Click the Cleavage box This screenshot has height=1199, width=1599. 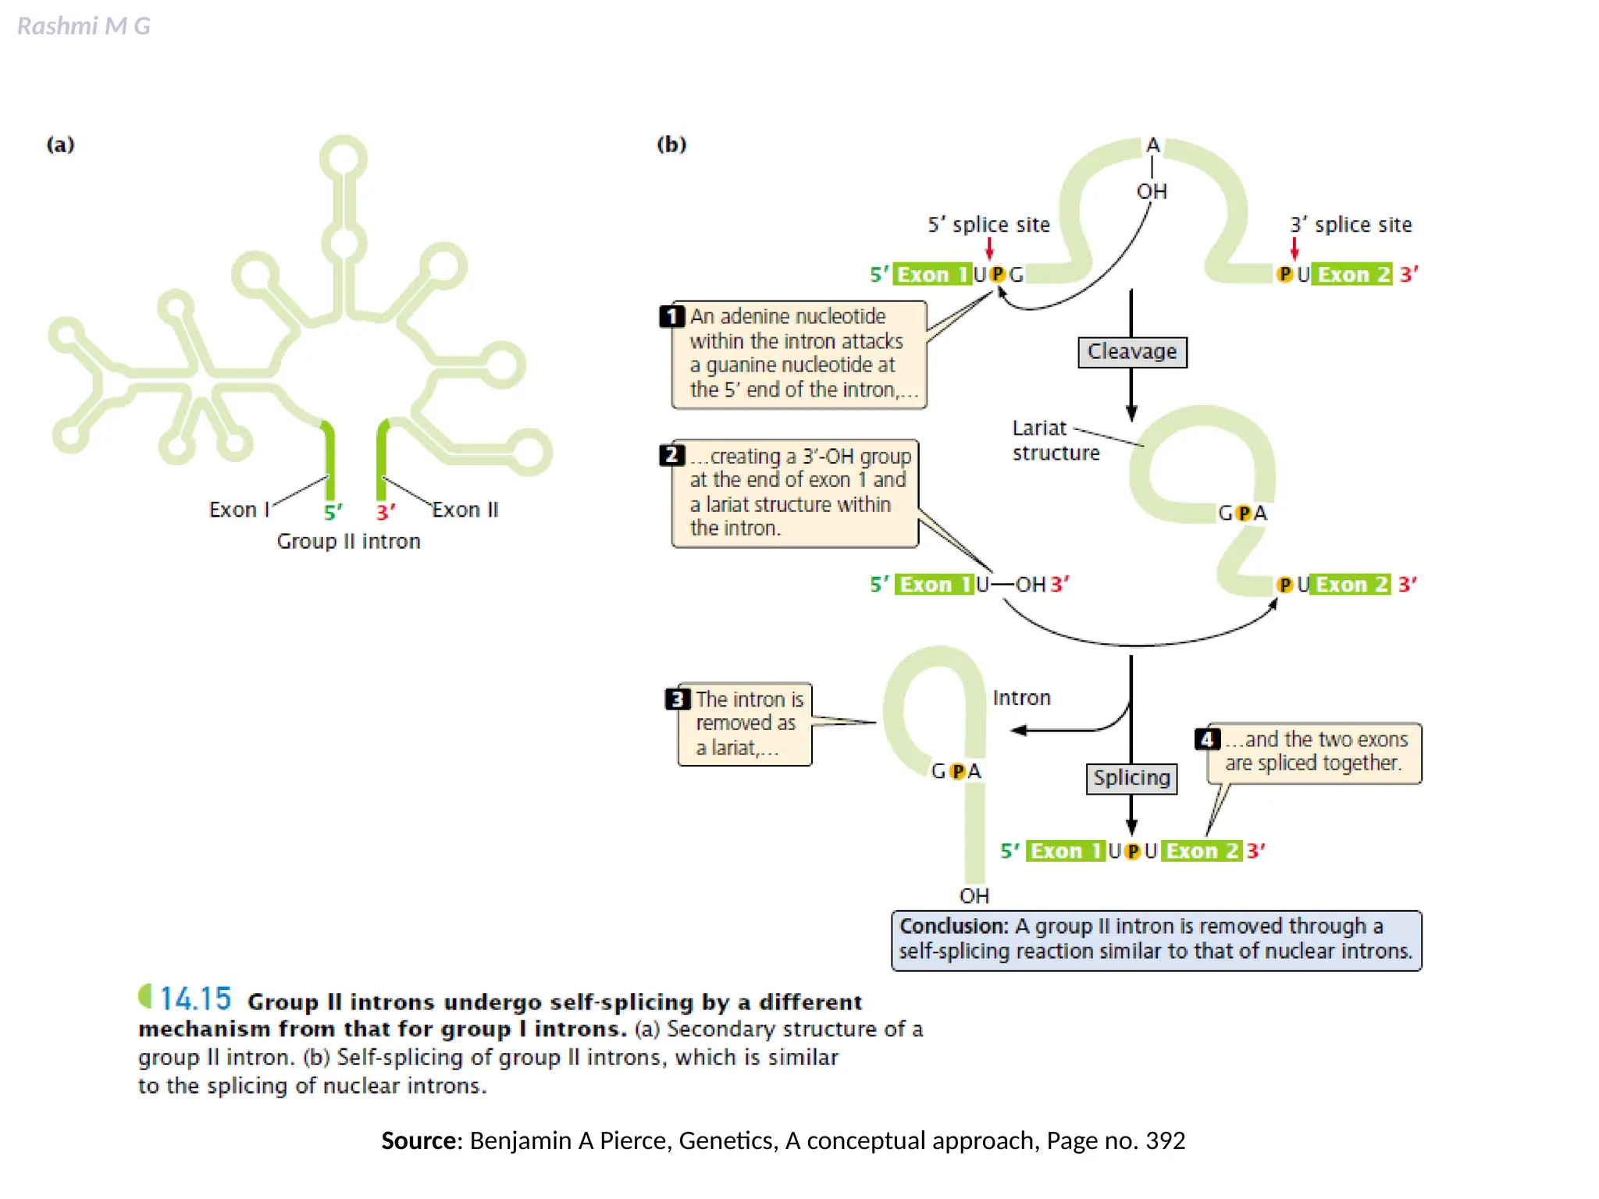[x=1131, y=352]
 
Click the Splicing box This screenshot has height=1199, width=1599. [x=1131, y=778]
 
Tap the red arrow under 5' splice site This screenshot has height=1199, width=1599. [x=989, y=248]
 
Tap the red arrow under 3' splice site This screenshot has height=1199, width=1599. [x=1295, y=248]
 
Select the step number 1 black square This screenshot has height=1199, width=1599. [x=671, y=317]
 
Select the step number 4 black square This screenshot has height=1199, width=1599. [x=1207, y=739]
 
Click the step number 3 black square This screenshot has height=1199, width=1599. [x=677, y=699]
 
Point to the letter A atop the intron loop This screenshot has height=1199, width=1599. [x=1152, y=146]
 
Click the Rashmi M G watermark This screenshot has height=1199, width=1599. [x=84, y=27]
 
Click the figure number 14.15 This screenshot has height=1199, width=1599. [x=195, y=999]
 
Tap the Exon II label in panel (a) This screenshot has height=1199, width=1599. [x=465, y=510]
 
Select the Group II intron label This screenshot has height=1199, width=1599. [x=348, y=542]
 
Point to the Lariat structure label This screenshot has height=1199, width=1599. [x=1055, y=440]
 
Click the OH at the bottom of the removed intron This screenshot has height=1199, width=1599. [x=974, y=896]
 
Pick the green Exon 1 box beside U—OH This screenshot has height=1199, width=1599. [x=935, y=585]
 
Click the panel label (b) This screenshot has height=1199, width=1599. [x=671, y=144]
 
